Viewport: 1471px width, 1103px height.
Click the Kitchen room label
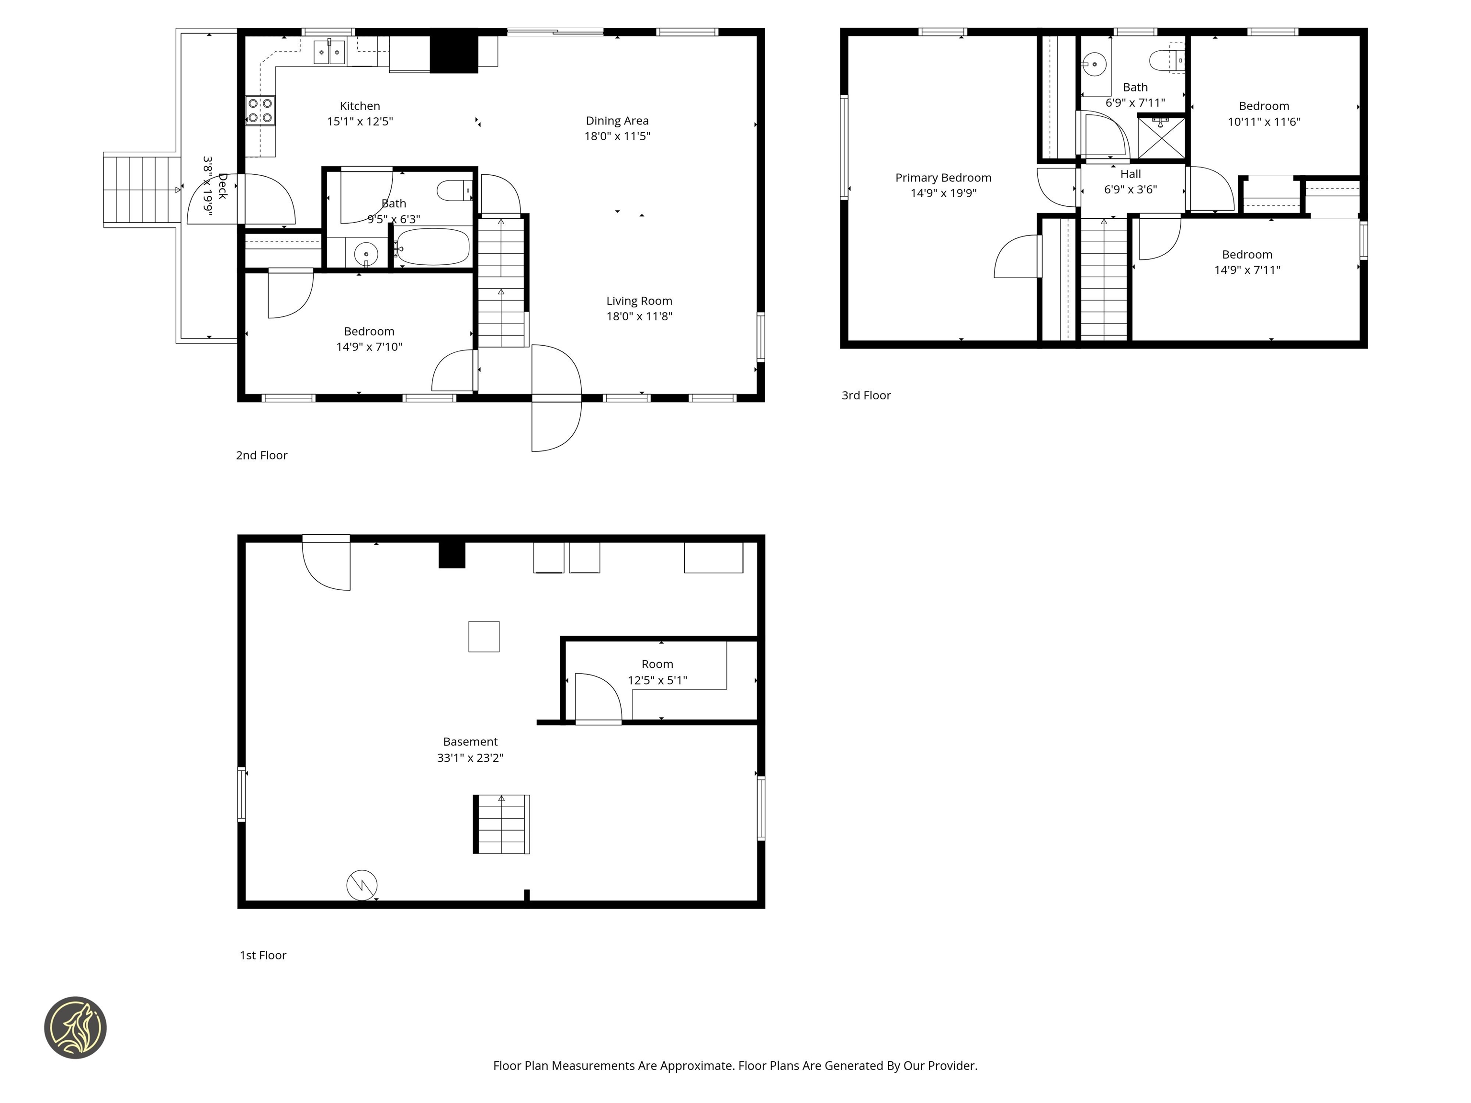tap(360, 106)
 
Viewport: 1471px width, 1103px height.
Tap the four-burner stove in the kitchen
tap(260, 111)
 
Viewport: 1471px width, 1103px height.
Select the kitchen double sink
tap(329, 52)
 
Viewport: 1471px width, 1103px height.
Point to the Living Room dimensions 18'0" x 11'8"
tap(639, 316)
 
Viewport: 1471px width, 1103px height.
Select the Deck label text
tap(222, 186)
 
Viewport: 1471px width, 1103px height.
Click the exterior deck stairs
tap(142, 190)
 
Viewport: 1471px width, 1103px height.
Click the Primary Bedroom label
tap(943, 178)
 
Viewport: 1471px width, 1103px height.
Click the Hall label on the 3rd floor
tap(1131, 174)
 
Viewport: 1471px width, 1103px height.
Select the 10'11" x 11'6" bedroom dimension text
tap(1264, 122)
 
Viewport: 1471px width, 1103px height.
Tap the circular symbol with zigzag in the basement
tap(362, 885)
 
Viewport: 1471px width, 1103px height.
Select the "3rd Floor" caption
tap(866, 395)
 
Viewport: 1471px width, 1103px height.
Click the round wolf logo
tap(75, 1027)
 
